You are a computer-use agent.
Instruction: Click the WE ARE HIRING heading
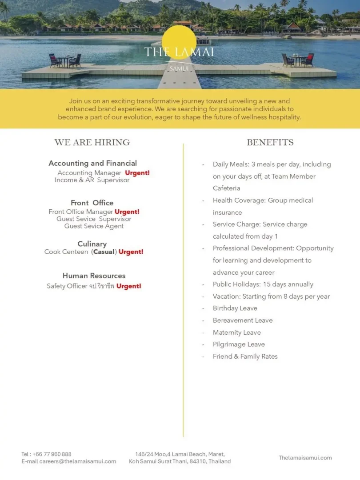coord(92,143)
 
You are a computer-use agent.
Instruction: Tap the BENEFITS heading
coord(270,143)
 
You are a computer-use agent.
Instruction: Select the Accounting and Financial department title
coord(92,163)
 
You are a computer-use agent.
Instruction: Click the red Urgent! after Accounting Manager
coord(137,173)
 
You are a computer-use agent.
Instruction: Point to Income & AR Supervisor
coord(92,180)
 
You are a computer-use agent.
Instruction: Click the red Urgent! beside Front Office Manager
coord(127,212)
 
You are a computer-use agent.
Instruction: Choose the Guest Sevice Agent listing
coord(94,226)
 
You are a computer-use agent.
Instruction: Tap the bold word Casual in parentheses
coord(104,252)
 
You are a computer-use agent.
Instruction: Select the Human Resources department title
coord(94,276)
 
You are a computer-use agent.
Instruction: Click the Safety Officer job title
coord(67,286)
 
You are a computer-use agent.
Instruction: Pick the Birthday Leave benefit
coord(235,308)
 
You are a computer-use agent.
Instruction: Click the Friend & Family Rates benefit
coord(245,356)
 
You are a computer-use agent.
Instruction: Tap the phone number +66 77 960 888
coord(52,454)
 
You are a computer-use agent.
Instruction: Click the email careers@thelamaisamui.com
coord(77,461)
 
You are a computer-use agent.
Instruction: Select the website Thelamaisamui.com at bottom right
coord(305,458)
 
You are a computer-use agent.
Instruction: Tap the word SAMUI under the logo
coord(179,69)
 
